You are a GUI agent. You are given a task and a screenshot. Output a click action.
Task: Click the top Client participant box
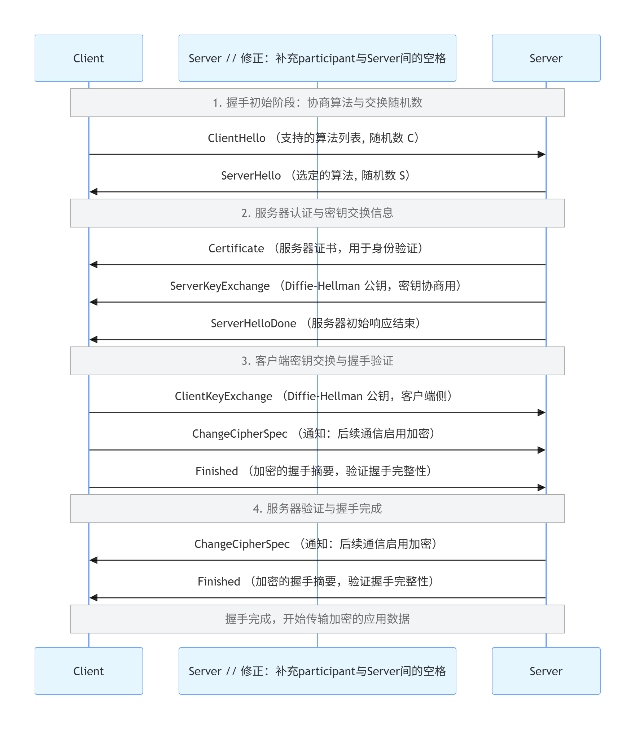pyautogui.click(x=89, y=58)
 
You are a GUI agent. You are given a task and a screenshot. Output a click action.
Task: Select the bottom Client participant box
pyautogui.click(x=89, y=671)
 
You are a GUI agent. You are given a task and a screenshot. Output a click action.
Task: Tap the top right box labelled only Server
pyautogui.click(x=546, y=58)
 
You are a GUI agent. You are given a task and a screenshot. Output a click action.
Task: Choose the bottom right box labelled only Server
pyautogui.click(x=546, y=671)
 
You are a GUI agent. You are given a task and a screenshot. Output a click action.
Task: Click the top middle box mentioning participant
pyautogui.click(x=317, y=58)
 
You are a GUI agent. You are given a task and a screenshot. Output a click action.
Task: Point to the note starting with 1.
pyautogui.click(x=317, y=103)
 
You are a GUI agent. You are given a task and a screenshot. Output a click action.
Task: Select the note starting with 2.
pyautogui.click(x=317, y=213)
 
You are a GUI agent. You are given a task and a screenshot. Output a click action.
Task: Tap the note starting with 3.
pyautogui.click(x=317, y=361)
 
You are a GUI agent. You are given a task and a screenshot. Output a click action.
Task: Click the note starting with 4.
pyautogui.click(x=317, y=509)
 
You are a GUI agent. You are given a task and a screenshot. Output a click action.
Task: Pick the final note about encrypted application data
pyautogui.click(x=317, y=619)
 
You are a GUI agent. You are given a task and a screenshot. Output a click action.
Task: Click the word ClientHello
pyautogui.click(x=236, y=138)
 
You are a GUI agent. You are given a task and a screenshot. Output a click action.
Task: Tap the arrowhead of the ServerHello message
pyautogui.click(x=93, y=192)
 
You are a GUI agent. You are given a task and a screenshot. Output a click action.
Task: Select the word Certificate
pyautogui.click(x=236, y=248)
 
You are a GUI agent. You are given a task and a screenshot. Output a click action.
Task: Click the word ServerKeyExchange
pyautogui.click(x=220, y=286)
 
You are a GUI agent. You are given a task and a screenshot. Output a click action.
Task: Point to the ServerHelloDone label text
pyautogui.click(x=253, y=323)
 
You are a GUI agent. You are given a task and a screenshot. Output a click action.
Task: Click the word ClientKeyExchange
pyautogui.click(x=223, y=396)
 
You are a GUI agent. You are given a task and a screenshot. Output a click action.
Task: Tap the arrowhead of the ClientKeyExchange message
pyautogui.click(x=541, y=412)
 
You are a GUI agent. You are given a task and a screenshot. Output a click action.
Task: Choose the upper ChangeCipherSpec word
pyautogui.click(x=240, y=434)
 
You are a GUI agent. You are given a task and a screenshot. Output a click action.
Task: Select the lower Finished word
pyautogui.click(x=219, y=582)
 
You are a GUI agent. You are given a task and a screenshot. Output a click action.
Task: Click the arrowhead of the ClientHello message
pyautogui.click(x=541, y=154)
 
